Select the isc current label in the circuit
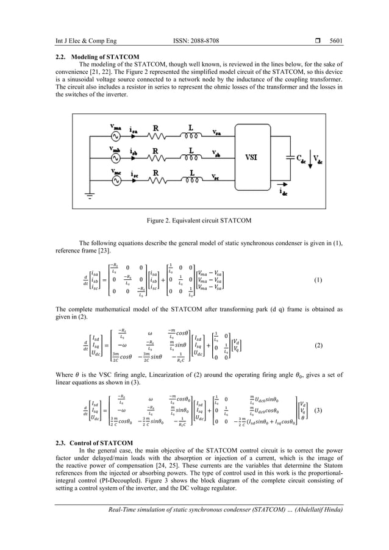pos(134,173)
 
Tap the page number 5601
pos(334,41)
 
